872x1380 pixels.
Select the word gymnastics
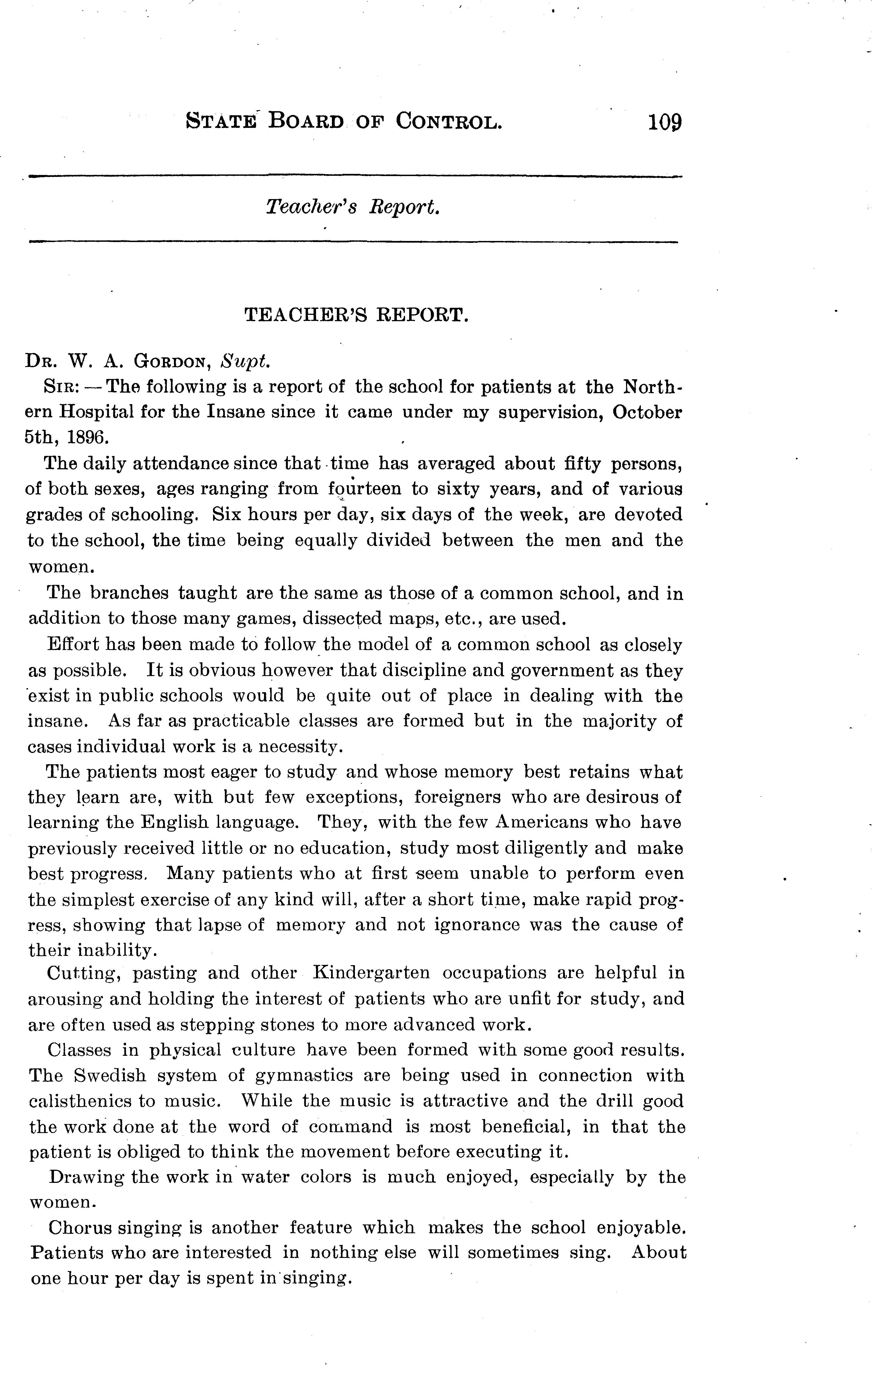click(x=304, y=1076)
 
